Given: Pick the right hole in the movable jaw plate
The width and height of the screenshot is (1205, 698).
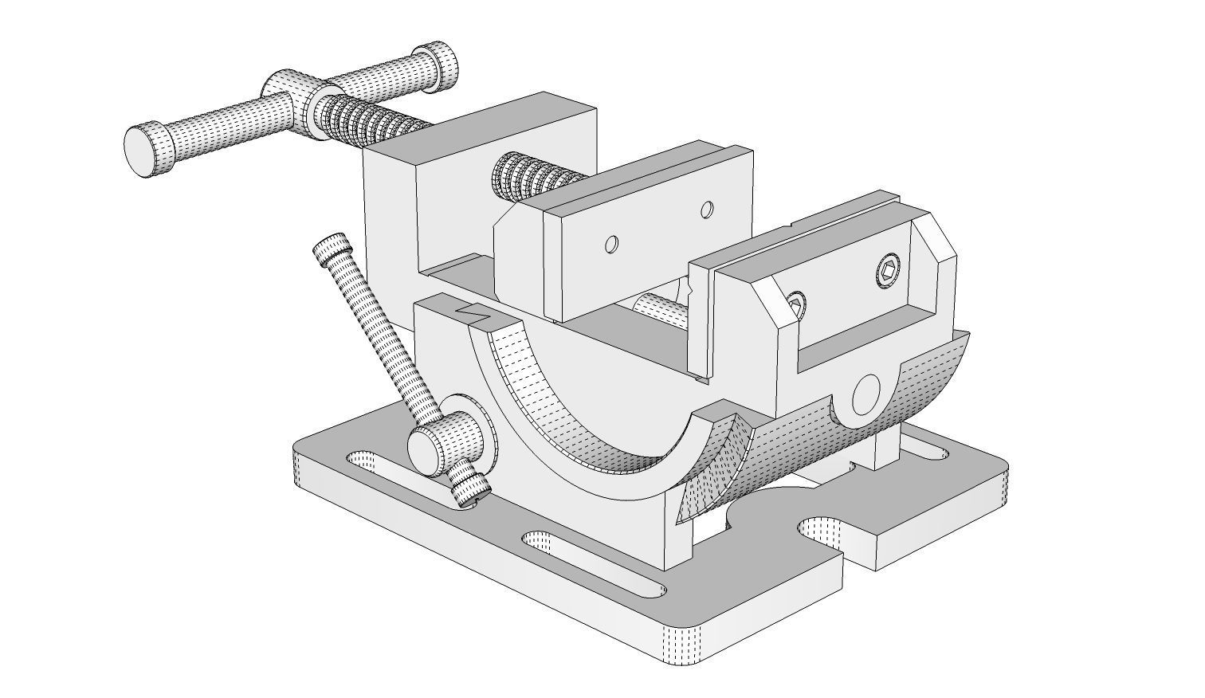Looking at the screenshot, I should [x=706, y=210].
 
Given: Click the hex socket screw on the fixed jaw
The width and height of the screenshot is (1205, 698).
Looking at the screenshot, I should [x=889, y=273].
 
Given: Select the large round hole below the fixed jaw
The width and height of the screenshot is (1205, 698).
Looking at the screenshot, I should [x=867, y=394].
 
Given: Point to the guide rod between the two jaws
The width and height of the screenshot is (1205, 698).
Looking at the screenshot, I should [x=661, y=307].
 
